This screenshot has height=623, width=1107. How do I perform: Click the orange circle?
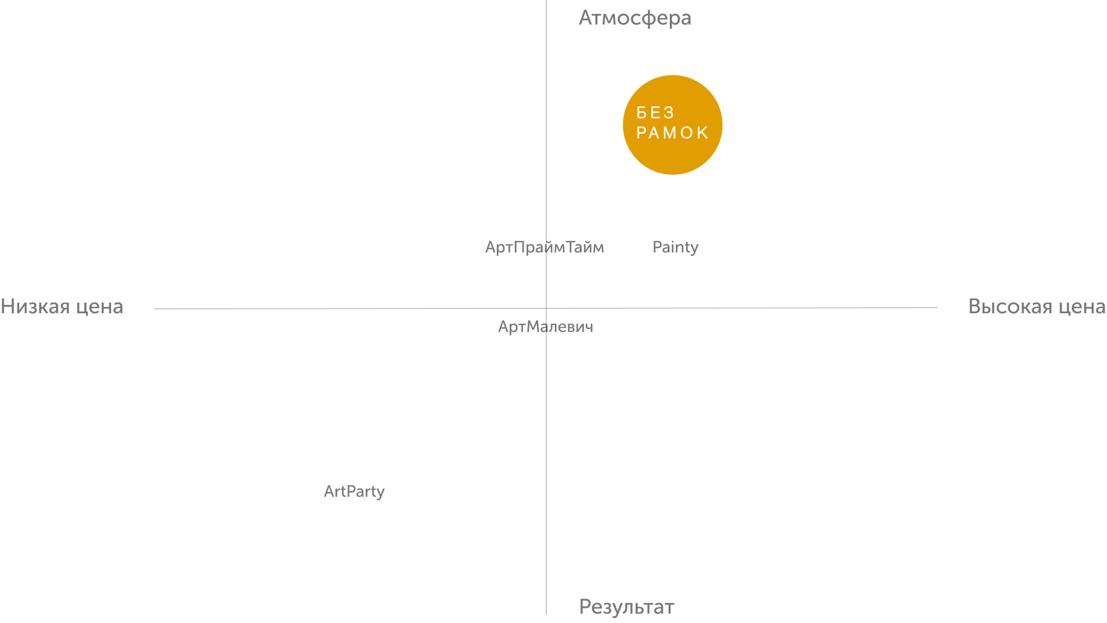point(673,124)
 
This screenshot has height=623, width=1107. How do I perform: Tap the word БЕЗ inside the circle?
point(655,112)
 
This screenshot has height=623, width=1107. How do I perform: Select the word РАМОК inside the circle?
point(673,133)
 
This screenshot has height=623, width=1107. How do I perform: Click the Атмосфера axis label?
point(635,18)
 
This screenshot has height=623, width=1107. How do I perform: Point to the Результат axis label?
point(627,607)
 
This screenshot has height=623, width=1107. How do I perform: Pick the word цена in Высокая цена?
point(1082,308)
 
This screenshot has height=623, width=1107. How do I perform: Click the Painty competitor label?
point(676,247)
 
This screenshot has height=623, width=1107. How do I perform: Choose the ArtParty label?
point(354,492)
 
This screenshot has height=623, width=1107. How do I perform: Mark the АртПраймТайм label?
point(545,247)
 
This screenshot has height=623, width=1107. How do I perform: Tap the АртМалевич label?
point(545,327)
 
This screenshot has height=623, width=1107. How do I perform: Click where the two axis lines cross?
point(546,308)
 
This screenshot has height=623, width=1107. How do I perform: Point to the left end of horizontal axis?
point(155,309)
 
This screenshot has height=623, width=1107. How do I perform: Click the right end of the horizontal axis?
point(937,307)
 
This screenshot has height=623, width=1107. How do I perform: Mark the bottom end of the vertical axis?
point(546,614)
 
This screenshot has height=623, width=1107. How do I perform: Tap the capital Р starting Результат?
point(585,607)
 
